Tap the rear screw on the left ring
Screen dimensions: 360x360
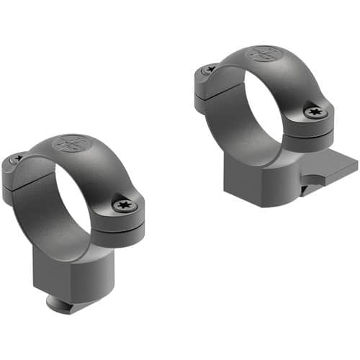coord(15,159)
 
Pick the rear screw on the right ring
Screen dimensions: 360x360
coord(209,70)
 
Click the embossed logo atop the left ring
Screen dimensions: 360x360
coord(71,143)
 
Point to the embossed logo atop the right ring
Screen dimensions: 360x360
coord(263,54)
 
